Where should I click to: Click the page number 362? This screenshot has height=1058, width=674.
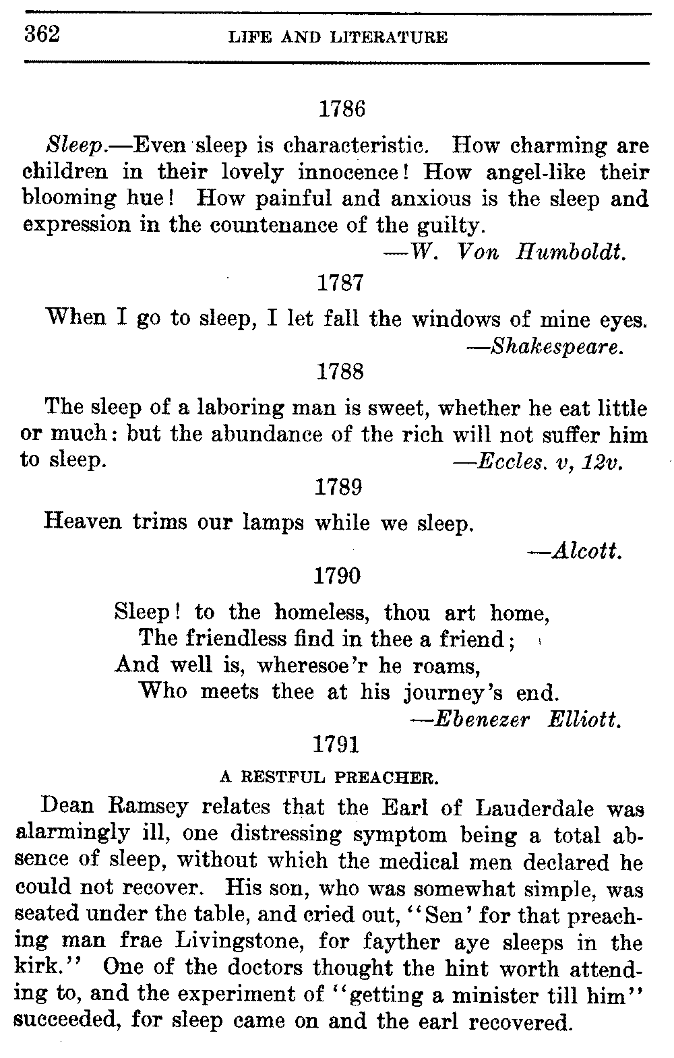click(42, 34)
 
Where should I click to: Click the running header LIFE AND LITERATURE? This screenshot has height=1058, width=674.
click(338, 38)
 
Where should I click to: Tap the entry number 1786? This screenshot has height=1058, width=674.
click(341, 109)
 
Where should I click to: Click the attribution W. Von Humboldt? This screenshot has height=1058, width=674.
click(506, 252)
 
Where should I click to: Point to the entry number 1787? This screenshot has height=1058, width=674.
click(340, 282)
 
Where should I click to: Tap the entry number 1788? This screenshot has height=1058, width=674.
click(340, 371)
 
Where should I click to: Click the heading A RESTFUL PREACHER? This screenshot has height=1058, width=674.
click(330, 777)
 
